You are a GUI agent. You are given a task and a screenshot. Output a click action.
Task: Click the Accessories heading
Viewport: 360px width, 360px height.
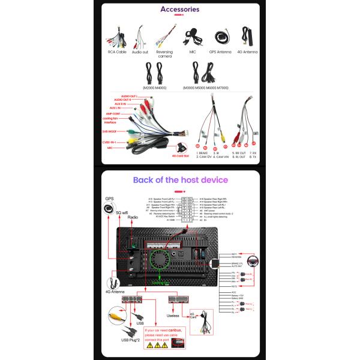[179, 10]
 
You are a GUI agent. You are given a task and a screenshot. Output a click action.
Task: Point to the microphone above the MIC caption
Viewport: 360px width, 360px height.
[192, 36]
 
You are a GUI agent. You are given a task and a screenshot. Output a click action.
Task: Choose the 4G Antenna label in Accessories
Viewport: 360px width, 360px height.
[248, 52]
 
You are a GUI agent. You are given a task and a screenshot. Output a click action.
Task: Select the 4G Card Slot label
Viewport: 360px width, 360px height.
[181, 155]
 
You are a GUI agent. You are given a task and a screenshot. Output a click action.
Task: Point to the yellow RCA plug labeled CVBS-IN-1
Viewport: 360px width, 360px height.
[131, 142]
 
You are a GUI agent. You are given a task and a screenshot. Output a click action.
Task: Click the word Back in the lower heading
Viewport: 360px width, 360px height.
[145, 179]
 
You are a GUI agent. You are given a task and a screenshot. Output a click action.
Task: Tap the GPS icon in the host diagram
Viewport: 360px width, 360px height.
[109, 208]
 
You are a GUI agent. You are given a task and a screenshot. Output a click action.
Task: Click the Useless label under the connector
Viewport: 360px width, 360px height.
[173, 316]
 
